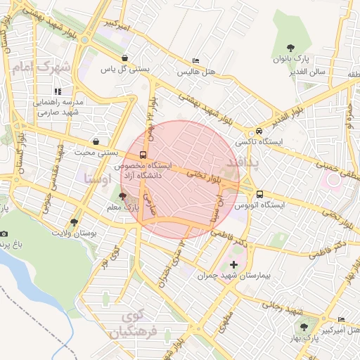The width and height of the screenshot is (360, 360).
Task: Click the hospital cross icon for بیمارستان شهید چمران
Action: [x=233, y=264]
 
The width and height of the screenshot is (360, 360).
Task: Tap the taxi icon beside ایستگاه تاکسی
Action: [x=259, y=131]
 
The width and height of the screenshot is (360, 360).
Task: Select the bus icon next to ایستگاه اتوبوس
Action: [x=259, y=194]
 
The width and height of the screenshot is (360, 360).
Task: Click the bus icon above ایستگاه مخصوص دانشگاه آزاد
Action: [x=143, y=155]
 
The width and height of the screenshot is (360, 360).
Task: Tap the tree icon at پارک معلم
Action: [x=123, y=198]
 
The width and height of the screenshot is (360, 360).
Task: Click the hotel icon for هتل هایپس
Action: [x=195, y=61]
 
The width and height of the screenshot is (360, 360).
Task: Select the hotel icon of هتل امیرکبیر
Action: [x=341, y=317]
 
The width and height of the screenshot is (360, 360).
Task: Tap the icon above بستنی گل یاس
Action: [x=124, y=58]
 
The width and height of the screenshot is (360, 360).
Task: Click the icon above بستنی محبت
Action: [x=96, y=141]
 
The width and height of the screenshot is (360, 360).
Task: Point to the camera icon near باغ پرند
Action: [x=4, y=233]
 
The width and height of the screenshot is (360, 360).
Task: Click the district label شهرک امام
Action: [x=42, y=68]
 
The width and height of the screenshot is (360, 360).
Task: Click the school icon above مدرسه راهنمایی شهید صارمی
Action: [x=58, y=91]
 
